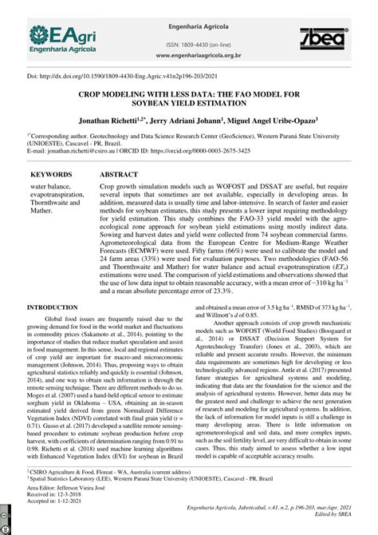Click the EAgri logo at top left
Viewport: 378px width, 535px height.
(x=61, y=38)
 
